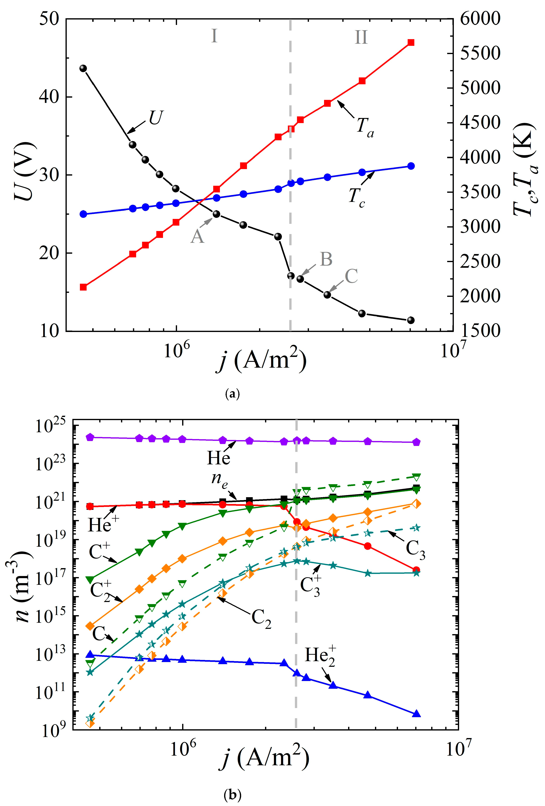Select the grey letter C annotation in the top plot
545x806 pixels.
pyautogui.click(x=351, y=276)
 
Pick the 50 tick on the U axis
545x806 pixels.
pyautogui.click(x=49, y=19)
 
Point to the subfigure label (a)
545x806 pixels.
pyautogui.click(x=232, y=394)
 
